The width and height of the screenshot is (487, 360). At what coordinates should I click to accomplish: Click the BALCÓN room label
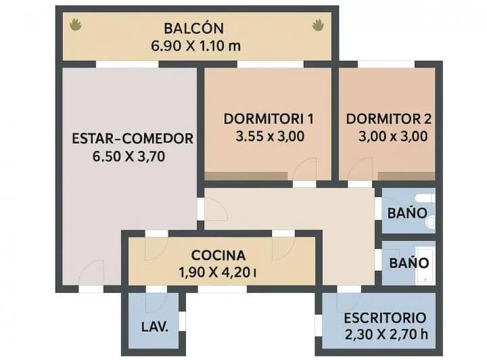[193, 29]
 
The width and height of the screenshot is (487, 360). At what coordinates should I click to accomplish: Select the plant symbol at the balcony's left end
[76, 25]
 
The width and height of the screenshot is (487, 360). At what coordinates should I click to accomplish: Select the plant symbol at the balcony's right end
[317, 25]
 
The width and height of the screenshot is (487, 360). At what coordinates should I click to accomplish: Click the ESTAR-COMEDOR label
[133, 139]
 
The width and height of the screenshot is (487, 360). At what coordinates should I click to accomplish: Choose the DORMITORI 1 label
[269, 119]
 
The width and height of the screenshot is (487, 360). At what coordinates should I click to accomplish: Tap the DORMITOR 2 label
[389, 119]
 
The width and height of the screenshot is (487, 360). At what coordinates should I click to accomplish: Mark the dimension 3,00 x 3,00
[393, 136]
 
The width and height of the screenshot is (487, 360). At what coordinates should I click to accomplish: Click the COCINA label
[218, 256]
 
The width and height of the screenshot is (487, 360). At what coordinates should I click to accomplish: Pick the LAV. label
[155, 325]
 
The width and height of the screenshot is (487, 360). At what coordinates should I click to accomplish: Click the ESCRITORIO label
[385, 318]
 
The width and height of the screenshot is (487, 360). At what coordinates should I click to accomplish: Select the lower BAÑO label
[407, 260]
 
